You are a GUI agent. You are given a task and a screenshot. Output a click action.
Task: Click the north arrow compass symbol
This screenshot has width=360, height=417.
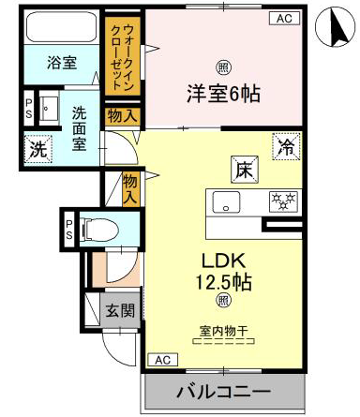335,27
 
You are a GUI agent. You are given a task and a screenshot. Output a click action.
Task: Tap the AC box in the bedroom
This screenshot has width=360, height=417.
284,18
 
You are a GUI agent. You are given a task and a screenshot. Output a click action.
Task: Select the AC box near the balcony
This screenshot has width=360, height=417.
162,360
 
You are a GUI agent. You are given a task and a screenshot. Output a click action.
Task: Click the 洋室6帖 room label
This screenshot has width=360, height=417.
223,94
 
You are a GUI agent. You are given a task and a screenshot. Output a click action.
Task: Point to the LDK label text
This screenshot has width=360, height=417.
223,261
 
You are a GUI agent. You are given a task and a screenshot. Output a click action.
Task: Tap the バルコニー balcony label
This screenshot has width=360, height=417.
223,392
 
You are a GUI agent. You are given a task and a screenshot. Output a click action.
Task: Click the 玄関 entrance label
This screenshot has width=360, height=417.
120,310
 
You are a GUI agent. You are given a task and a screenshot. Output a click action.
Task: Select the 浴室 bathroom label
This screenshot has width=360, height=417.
62,63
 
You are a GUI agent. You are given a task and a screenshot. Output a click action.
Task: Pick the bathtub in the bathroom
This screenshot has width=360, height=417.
62,27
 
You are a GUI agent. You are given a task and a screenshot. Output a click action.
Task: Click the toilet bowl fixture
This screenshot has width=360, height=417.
99,231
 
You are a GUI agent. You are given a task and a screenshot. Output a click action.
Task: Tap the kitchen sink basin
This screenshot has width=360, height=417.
226,202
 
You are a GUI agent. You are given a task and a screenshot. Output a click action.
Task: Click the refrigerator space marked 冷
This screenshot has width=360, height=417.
287,146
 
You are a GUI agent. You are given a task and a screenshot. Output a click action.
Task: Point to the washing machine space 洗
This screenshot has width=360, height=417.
38,149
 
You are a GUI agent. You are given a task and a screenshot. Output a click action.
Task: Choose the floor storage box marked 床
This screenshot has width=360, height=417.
245,169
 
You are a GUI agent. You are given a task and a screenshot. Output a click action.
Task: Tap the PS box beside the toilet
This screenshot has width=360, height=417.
69,230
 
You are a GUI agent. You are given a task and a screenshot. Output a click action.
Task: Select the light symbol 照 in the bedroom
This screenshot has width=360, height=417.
223,67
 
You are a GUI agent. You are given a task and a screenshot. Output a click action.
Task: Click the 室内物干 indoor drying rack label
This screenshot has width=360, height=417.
223,331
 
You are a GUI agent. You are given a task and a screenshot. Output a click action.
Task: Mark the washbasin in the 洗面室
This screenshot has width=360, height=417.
49,108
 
